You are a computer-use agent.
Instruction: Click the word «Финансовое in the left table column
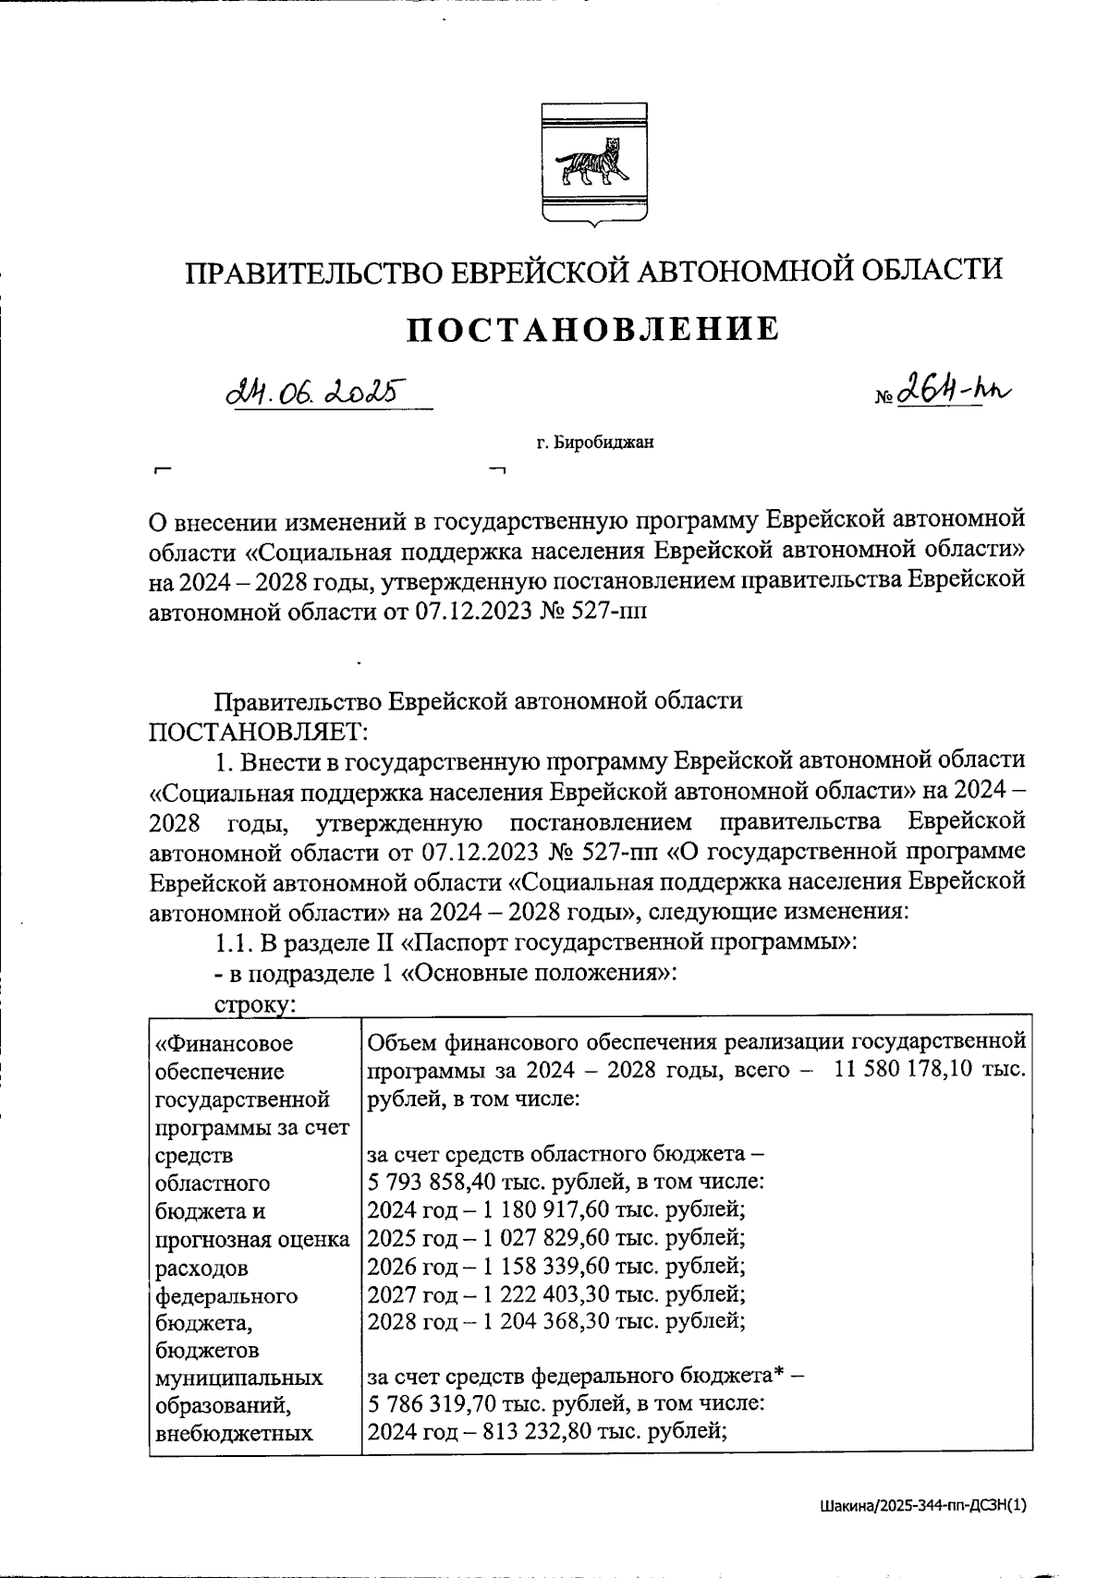(225, 1043)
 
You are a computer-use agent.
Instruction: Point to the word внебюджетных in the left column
(234, 1433)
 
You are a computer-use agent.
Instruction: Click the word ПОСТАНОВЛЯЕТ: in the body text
(258, 730)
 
